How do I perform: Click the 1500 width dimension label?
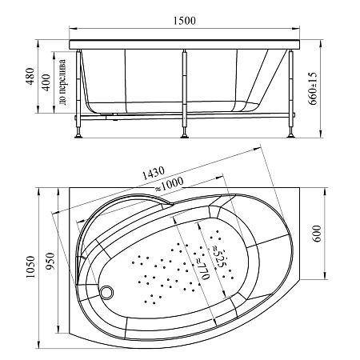point(185,21)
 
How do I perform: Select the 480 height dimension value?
point(31,76)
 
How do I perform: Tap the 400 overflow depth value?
point(46,82)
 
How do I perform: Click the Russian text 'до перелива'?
point(63,82)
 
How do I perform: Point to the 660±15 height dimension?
point(313,89)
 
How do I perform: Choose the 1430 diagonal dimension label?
point(153,174)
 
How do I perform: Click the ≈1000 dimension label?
point(169,185)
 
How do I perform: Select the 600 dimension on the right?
point(317,234)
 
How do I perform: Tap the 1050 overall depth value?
point(31,266)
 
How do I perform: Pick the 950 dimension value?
point(50,261)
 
